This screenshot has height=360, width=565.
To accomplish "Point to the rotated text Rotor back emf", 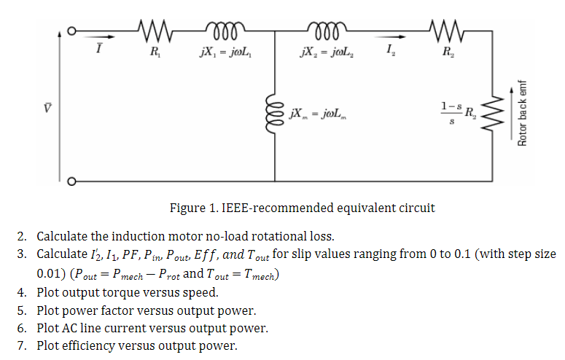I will pyautogui.click(x=523, y=113).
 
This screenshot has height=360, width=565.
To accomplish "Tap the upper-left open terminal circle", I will pyautogui.click(x=71, y=31).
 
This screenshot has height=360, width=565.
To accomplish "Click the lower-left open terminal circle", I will pyautogui.click(x=71, y=181).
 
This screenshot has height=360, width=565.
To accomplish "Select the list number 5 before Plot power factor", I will pyautogui.click(x=21, y=310).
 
